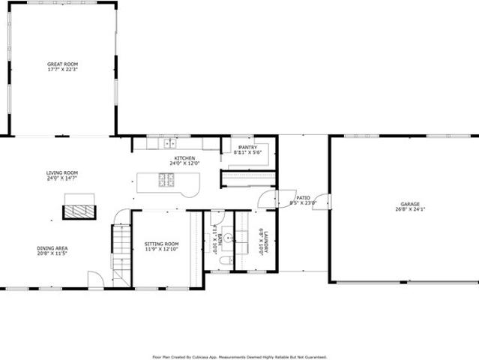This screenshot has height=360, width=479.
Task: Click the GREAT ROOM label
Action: tap(62, 64)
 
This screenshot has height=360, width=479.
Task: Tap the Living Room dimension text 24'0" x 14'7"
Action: tap(62, 178)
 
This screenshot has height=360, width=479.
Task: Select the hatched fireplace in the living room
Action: tap(79, 211)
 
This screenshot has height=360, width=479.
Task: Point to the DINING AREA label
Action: tap(52, 248)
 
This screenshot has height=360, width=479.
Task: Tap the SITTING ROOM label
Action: tap(161, 244)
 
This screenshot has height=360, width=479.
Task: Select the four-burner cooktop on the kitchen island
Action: tap(166, 180)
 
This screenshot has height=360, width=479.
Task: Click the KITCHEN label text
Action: tap(185, 158)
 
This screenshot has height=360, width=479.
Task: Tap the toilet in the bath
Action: tap(226, 261)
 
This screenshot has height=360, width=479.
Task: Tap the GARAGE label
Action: tap(409, 204)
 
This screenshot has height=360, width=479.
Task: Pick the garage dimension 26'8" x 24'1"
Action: tap(409, 209)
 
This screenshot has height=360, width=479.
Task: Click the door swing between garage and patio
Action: tap(323, 201)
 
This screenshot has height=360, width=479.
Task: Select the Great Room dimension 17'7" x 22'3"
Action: tap(62, 70)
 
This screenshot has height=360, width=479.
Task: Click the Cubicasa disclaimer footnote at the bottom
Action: tap(239, 357)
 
